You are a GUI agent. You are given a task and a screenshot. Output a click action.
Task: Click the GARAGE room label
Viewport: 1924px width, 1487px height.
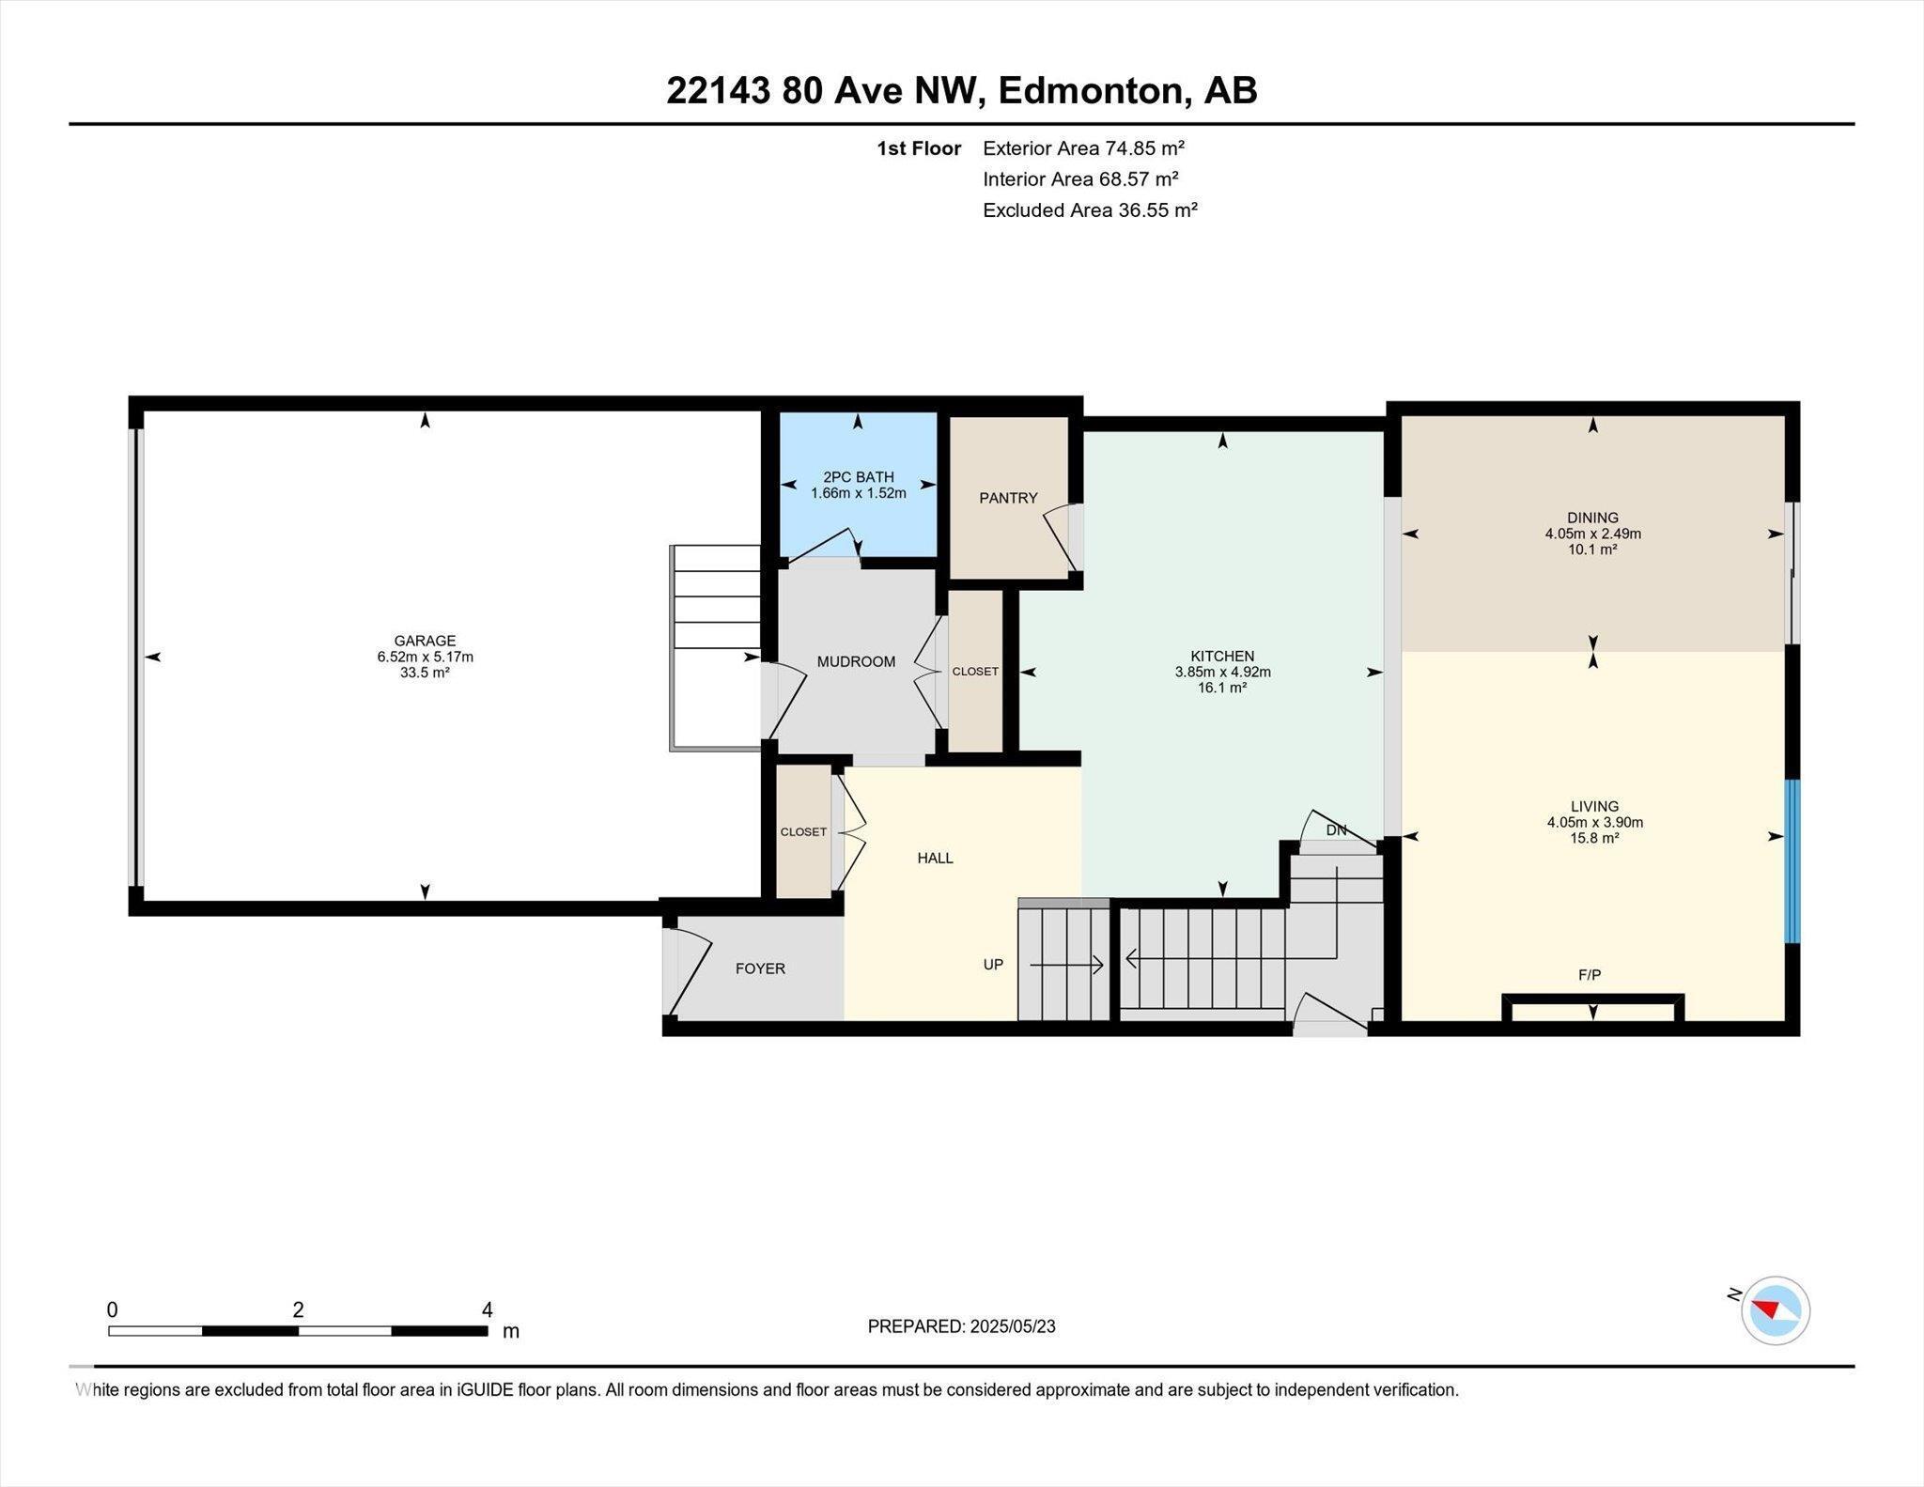pyautogui.click(x=425, y=641)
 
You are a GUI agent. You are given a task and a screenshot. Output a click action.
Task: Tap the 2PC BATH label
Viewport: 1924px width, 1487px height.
pyautogui.click(x=858, y=477)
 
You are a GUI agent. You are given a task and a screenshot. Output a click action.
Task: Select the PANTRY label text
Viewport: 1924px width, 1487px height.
pyautogui.click(x=1008, y=498)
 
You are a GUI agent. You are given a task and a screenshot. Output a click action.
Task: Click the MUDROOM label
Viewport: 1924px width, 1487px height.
pyautogui.click(x=856, y=661)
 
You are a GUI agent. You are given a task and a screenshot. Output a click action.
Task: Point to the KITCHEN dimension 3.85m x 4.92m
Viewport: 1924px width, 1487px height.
pyautogui.click(x=1222, y=672)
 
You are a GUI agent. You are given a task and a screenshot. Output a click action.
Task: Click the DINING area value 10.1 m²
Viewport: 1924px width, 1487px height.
pyautogui.click(x=1592, y=550)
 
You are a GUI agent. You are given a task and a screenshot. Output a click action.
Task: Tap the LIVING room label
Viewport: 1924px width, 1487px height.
pyautogui.click(x=1594, y=806)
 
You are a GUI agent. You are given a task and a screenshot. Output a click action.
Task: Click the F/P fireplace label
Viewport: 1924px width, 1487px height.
pyautogui.click(x=1589, y=975)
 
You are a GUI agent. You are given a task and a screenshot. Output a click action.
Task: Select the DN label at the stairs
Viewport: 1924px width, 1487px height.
pyautogui.click(x=1336, y=830)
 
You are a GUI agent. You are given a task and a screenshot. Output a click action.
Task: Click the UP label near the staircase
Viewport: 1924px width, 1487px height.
pyautogui.click(x=993, y=965)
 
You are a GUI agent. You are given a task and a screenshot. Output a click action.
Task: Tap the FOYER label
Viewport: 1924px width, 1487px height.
pyautogui.click(x=760, y=968)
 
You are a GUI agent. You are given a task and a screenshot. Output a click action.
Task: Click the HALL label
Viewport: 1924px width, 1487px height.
pyautogui.click(x=935, y=858)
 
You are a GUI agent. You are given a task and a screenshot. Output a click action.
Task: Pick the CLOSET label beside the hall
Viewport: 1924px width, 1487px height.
pyautogui.click(x=803, y=832)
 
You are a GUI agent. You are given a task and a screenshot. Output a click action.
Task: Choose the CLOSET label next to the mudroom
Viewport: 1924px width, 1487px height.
pyautogui.click(x=975, y=672)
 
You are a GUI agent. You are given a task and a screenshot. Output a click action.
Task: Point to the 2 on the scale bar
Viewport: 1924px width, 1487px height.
pyautogui.click(x=298, y=1309)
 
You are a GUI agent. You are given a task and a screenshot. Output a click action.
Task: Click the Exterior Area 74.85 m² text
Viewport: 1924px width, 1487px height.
pyautogui.click(x=1083, y=147)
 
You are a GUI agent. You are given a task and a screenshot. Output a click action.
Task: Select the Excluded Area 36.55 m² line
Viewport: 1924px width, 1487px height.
pyautogui.click(x=1090, y=209)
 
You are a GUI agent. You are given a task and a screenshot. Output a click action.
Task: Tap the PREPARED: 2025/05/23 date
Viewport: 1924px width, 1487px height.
pyautogui.click(x=961, y=1326)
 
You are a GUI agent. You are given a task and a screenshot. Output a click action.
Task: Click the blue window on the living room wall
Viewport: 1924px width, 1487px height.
pyautogui.click(x=1792, y=860)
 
